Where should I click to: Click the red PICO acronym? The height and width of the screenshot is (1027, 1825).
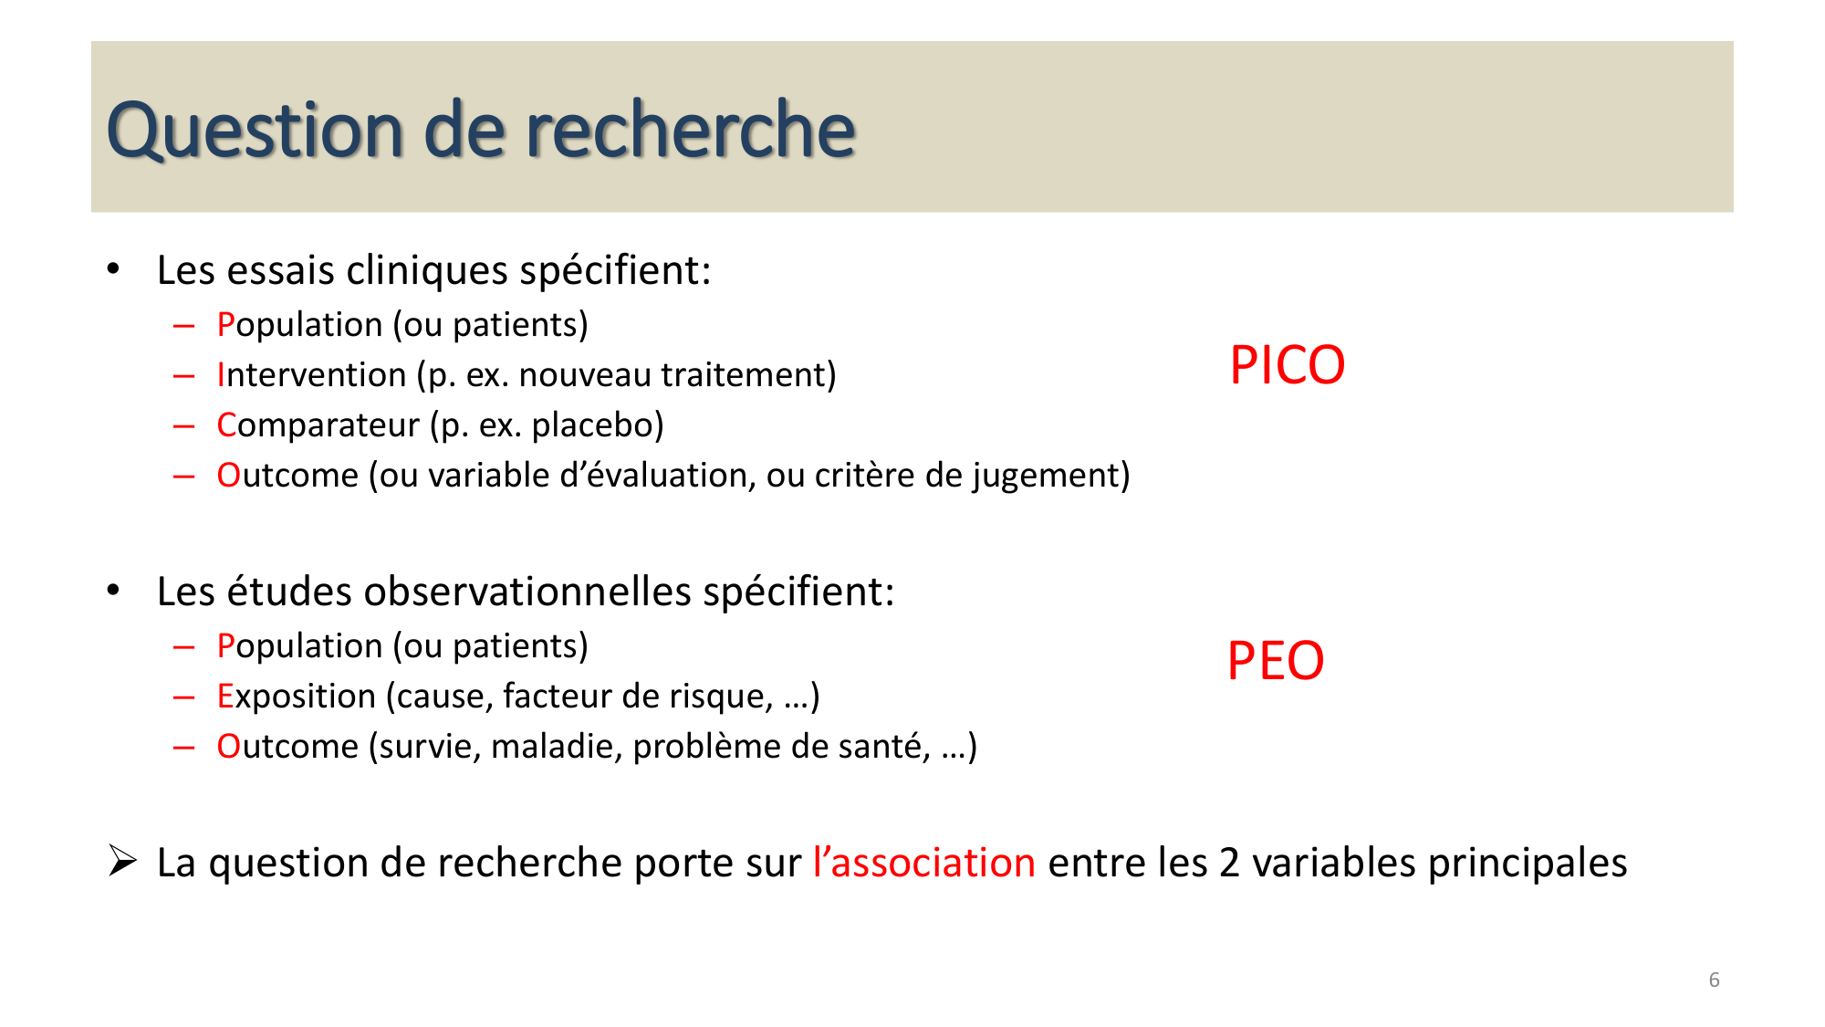pos(1287,365)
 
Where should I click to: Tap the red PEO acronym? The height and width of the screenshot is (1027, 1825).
pos(1275,661)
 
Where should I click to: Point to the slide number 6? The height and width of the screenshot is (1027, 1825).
pos(1714,980)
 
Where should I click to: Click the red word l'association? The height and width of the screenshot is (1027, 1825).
pos(923,863)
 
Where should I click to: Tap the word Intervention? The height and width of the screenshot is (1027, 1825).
pos(311,375)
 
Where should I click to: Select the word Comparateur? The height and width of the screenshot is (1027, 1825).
pos(318,425)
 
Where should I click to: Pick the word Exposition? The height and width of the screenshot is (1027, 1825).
pos(296,697)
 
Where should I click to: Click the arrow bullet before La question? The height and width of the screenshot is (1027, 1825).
pos(122,861)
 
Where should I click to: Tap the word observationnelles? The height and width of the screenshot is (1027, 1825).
pos(527,592)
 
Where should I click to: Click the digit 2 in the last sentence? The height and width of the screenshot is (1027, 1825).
pos(1229,863)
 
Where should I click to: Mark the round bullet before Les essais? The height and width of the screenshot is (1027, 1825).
pos(113,269)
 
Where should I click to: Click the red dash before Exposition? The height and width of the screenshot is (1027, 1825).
pos(183,697)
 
